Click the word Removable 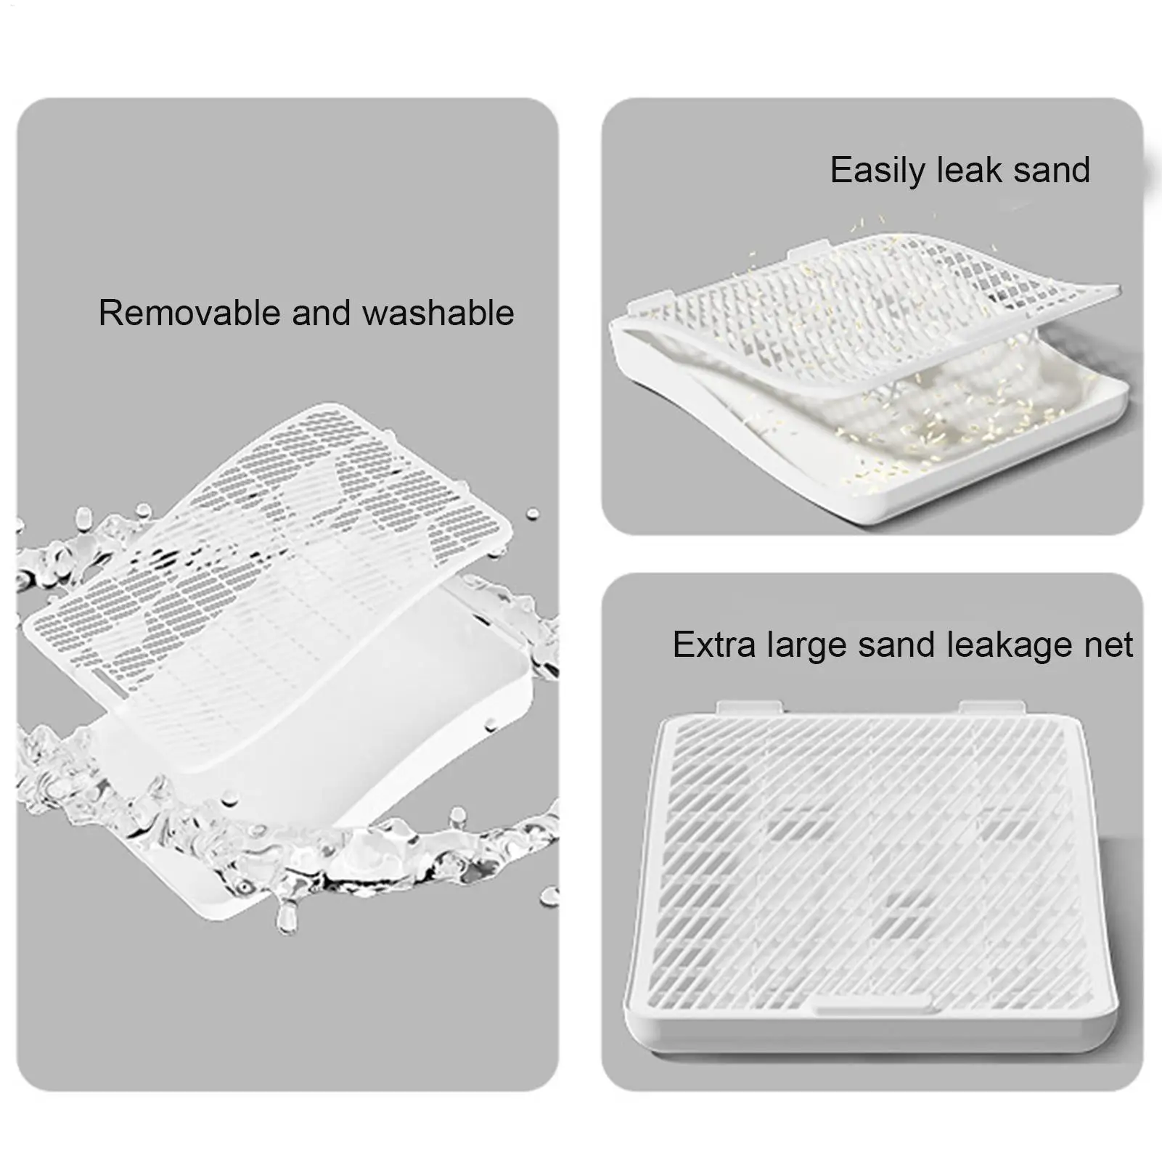(x=191, y=313)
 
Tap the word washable (x=438, y=313)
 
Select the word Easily (x=878, y=171)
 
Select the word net (x=1106, y=646)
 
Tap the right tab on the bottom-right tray (x=991, y=707)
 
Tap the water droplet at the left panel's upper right (x=533, y=513)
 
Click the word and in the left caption (x=322, y=313)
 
